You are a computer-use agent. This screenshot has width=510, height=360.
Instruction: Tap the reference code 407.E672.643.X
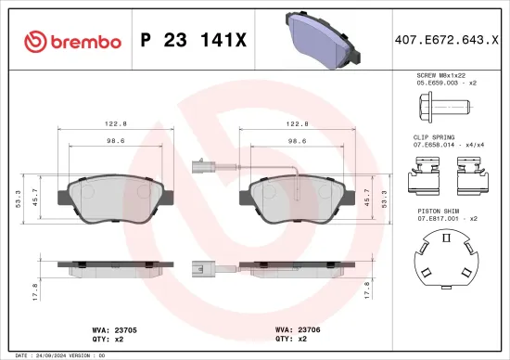click(446, 40)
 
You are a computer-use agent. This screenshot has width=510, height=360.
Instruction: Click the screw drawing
click(444, 108)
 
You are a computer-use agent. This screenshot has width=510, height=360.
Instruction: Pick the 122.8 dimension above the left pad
click(113, 122)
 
